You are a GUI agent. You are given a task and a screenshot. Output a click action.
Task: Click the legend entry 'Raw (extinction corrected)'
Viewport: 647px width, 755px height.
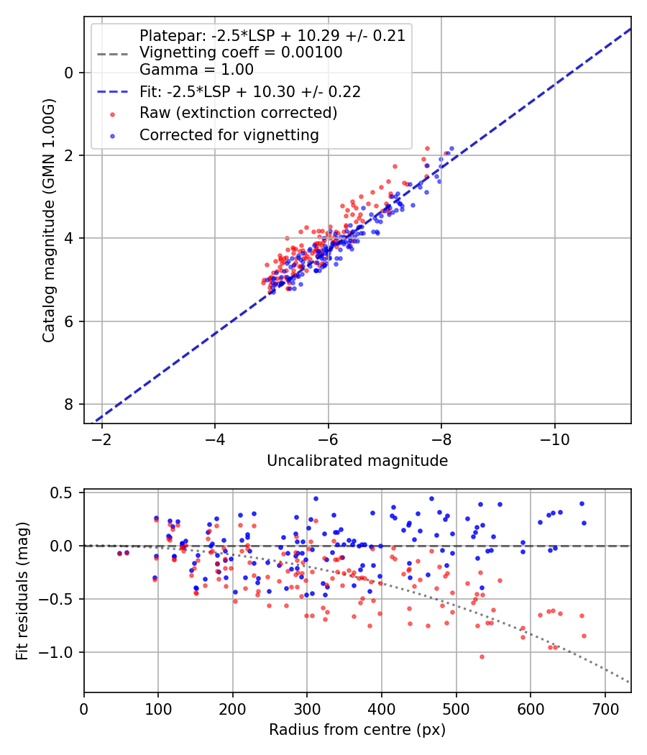click(x=238, y=113)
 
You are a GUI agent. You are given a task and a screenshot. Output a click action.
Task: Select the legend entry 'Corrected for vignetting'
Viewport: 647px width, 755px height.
click(x=229, y=134)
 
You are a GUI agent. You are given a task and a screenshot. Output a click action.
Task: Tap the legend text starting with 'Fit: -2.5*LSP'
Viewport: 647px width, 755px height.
click(x=250, y=91)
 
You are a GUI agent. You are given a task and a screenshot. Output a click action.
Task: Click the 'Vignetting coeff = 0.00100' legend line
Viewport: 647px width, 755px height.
click(x=241, y=52)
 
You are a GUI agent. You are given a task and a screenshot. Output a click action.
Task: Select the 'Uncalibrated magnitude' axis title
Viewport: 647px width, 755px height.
click(x=357, y=460)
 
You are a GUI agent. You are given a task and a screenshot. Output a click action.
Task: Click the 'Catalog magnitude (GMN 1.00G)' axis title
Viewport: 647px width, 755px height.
click(x=48, y=219)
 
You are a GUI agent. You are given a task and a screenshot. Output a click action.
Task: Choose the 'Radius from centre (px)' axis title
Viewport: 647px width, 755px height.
click(x=357, y=730)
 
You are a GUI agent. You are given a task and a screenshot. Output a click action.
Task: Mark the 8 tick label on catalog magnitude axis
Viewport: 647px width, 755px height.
click(x=70, y=404)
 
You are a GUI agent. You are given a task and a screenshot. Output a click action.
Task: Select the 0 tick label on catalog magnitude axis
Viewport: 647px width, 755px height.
click(x=70, y=73)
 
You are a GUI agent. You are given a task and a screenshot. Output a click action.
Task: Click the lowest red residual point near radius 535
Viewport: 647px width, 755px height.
click(x=482, y=656)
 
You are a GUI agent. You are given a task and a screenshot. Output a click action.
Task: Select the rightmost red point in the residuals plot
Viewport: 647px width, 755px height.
click(x=584, y=636)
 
